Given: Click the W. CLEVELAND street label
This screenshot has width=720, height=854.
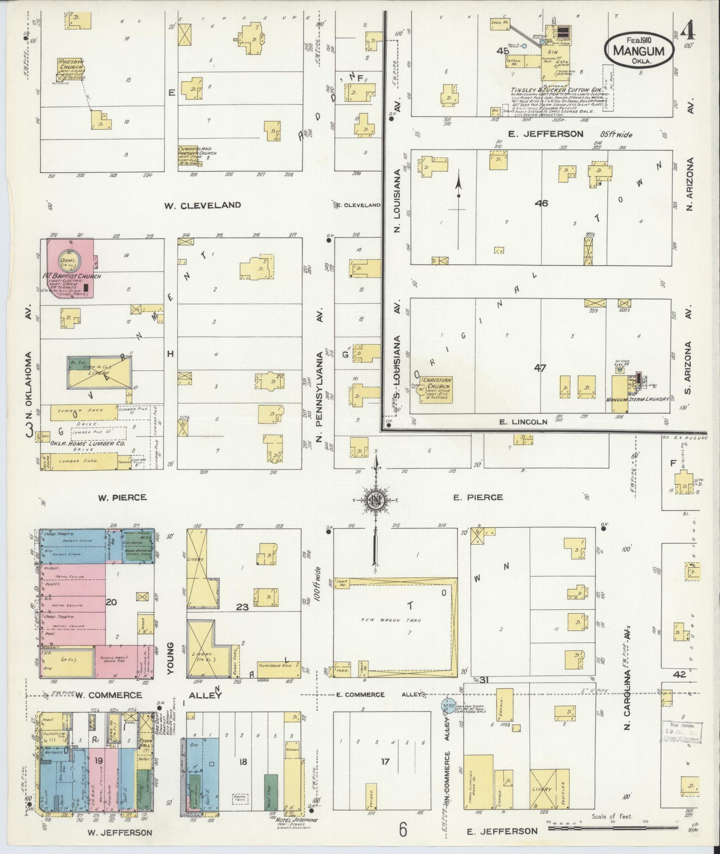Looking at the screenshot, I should pyautogui.click(x=203, y=205).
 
